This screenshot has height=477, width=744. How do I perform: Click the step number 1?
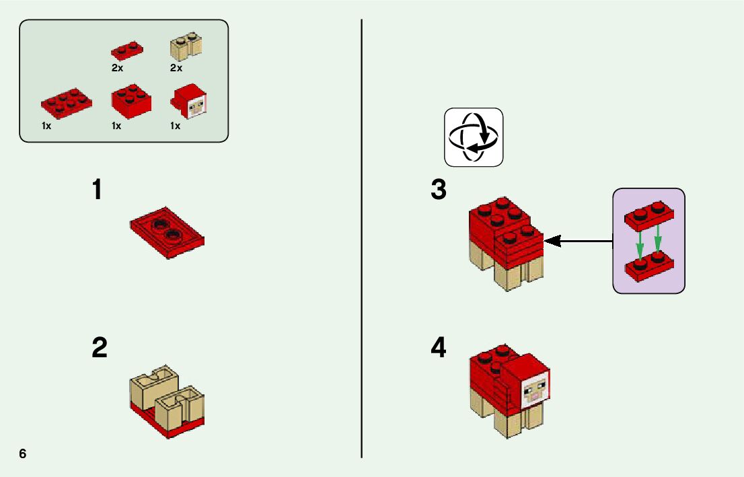(x=98, y=190)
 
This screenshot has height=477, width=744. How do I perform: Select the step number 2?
(x=100, y=348)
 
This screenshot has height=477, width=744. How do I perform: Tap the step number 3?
(x=439, y=190)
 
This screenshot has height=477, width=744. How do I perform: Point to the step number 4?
(x=439, y=348)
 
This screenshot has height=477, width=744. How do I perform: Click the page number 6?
(x=23, y=453)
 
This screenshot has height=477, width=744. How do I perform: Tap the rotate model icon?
(x=474, y=137)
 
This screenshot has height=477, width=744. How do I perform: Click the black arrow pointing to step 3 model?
(x=579, y=240)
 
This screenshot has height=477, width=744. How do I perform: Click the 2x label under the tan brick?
(x=176, y=68)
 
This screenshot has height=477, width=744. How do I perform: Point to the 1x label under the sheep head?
(x=176, y=126)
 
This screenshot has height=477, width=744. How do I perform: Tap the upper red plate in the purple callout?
(x=648, y=214)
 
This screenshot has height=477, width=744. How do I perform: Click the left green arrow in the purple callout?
(x=640, y=242)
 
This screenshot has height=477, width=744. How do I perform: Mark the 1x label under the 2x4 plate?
(x=46, y=126)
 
